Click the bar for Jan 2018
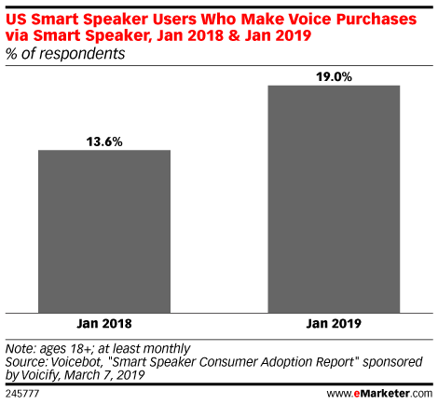pyautogui.click(x=104, y=232)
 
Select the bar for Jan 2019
pyautogui.click(x=334, y=199)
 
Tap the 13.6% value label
pyautogui.click(x=104, y=141)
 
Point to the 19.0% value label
pyautogui.click(x=334, y=77)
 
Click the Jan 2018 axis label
pyautogui.click(x=104, y=324)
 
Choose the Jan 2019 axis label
pyautogui.click(x=334, y=324)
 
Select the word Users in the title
pyautogui.click(x=174, y=20)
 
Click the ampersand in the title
pyautogui.click(x=234, y=35)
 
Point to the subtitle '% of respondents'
pyautogui.click(x=65, y=54)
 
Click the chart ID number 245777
pyautogui.click(x=22, y=394)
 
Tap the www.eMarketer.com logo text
pyautogui.click(x=379, y=394)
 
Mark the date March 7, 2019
pyautogui.click(x=104, y=375)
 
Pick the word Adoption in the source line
pyautogui.click(x=287, y=362)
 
